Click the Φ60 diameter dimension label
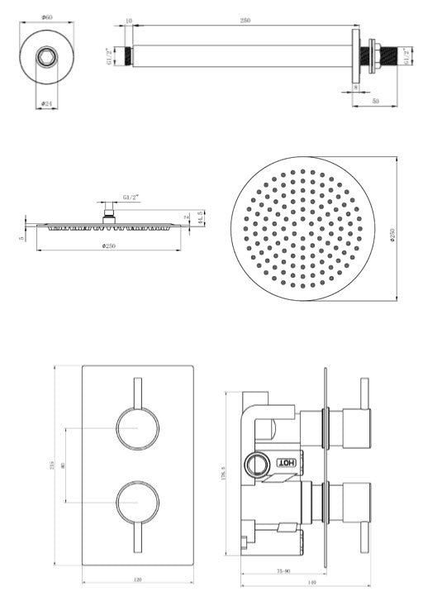pos(47,17)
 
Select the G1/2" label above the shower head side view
pos(131,198)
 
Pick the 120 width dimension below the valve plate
pos(136,580)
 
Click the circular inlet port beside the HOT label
pos(257,463)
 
